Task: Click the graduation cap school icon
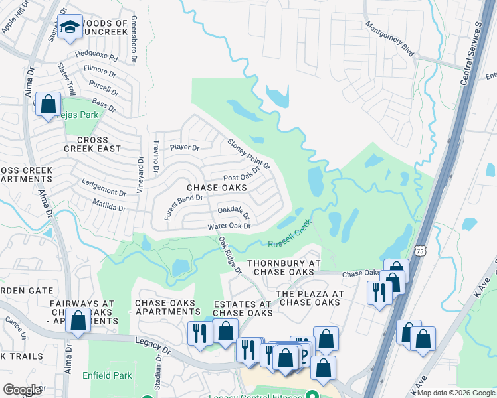pyautogui.click(x=69, y=27)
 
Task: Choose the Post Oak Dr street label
pyautogui.click(x=241, y=177)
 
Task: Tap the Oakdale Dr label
pyautogui.click(x=234, y=212)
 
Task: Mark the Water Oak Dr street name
pyautogui.click(x=229, y=226)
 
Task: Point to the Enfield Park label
pyautogui.click(x=108, y=376)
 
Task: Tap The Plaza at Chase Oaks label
pyautogui.click(x=310, y=298)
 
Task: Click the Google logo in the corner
pyautogui.click(x=22, y=390)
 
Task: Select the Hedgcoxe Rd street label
pyautogui.click(x=96, y=58)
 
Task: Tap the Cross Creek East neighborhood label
pyautogui.click(x=99, y=144)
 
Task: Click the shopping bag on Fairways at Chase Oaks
pyautogui.click(x=78, y=321)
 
